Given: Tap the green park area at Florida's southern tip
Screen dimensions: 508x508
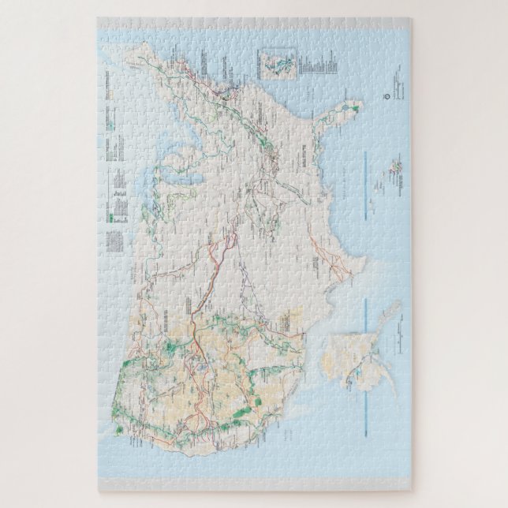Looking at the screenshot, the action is point(357,104).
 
